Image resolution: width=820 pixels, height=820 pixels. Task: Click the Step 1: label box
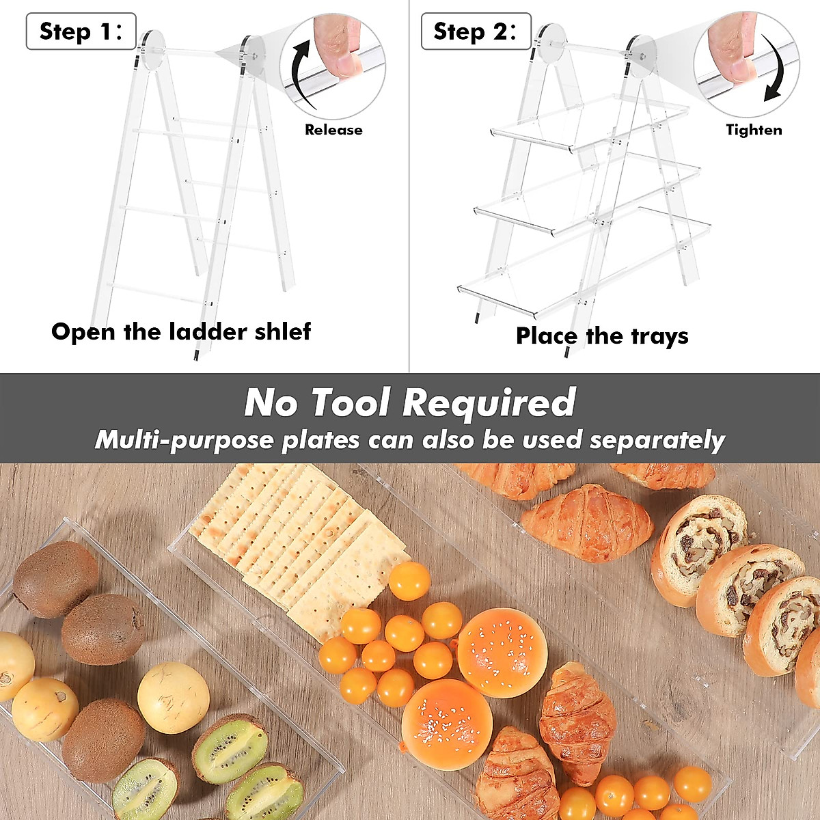(x=81, y=31)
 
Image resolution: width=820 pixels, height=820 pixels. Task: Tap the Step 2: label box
(x=476, y=31)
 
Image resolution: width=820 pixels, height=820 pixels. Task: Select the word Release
(x=333, y=130)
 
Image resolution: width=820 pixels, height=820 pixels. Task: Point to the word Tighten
(x=754, y=130)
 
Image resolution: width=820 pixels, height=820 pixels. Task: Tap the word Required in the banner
(x=490, y=402)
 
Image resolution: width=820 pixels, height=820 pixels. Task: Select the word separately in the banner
(x=657, y=440)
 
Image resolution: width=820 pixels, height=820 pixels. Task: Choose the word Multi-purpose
(x=184, y=440)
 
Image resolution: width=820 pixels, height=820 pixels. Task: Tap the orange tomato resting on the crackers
(x=409, y=581)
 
